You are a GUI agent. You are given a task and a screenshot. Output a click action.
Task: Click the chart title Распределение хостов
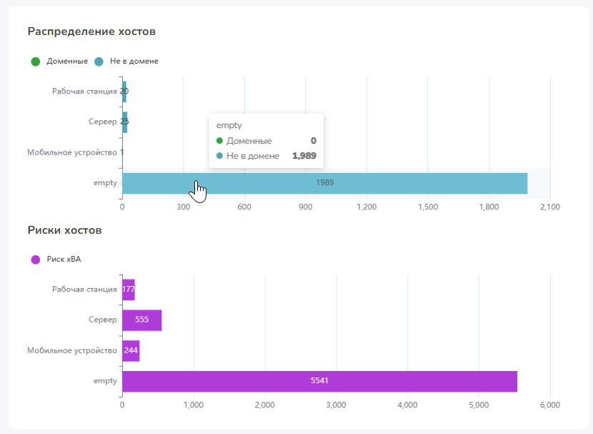(91, 31)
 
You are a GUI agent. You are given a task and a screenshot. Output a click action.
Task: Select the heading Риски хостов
(65, 230)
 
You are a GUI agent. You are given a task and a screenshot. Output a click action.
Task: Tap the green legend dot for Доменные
(36, 61)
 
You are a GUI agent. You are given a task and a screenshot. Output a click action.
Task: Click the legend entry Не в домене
(134, 61)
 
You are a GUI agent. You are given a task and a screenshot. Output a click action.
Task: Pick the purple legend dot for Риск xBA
(36, 260)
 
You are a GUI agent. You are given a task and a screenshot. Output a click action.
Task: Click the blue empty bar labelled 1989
(325, 183)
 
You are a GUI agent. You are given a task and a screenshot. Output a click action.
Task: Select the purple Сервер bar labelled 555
(142, 320)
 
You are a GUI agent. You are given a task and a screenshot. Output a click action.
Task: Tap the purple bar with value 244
(131, 351)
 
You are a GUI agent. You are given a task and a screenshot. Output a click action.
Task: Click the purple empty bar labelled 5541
(319, 381)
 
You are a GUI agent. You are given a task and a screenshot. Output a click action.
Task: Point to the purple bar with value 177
(129, 290)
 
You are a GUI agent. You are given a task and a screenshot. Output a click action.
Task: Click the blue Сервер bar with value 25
(125, 122)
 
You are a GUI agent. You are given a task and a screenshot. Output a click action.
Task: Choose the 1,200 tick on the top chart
(367, 207)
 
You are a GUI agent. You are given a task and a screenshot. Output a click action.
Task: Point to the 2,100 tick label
(550, 207)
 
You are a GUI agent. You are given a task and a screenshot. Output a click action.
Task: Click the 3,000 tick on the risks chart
(337, 405)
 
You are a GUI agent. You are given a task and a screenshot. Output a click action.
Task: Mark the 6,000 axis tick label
(550, 405)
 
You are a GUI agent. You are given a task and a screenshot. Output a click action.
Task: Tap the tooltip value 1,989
(304, 156)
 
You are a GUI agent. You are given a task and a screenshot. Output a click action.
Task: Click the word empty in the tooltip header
(229, 125)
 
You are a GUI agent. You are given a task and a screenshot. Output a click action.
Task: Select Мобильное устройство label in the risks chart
(72, 351)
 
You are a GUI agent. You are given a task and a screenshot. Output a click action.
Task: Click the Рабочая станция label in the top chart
(84, 92)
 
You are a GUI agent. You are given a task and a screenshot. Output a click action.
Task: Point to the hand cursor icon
(198, 192)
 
